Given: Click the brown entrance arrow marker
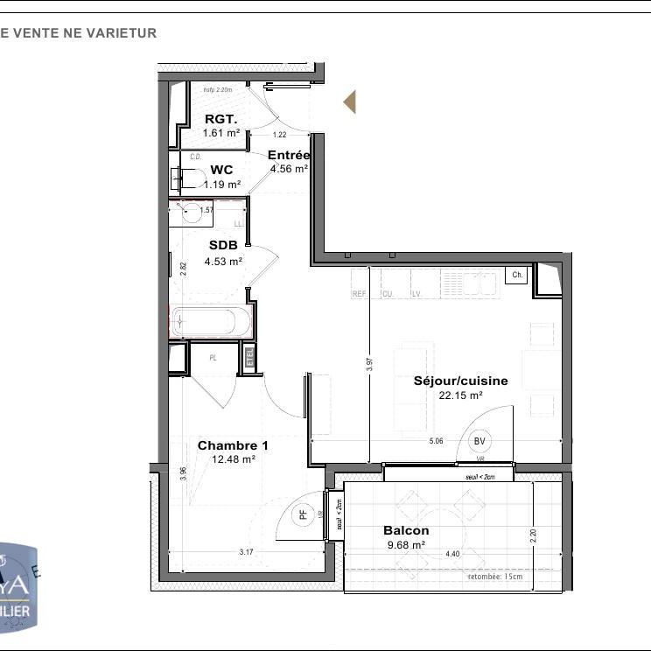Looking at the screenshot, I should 350,102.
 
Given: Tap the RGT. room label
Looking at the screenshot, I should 221,120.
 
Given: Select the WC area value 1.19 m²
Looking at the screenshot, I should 221,185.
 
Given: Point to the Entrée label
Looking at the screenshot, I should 289,155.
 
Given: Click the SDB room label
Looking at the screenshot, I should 223,246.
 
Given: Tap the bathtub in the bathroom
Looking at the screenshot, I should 211,322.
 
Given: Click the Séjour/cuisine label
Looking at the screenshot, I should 460,381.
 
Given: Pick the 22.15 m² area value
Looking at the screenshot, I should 460,395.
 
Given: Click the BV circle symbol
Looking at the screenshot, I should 479,441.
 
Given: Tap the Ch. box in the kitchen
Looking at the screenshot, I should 518,275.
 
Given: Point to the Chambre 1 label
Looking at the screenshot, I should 233,445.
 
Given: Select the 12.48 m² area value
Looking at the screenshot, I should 233,459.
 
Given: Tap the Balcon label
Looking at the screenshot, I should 406,530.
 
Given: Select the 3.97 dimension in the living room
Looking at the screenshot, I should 370,365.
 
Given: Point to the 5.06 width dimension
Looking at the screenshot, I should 435,442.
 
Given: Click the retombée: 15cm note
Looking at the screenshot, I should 495,577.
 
